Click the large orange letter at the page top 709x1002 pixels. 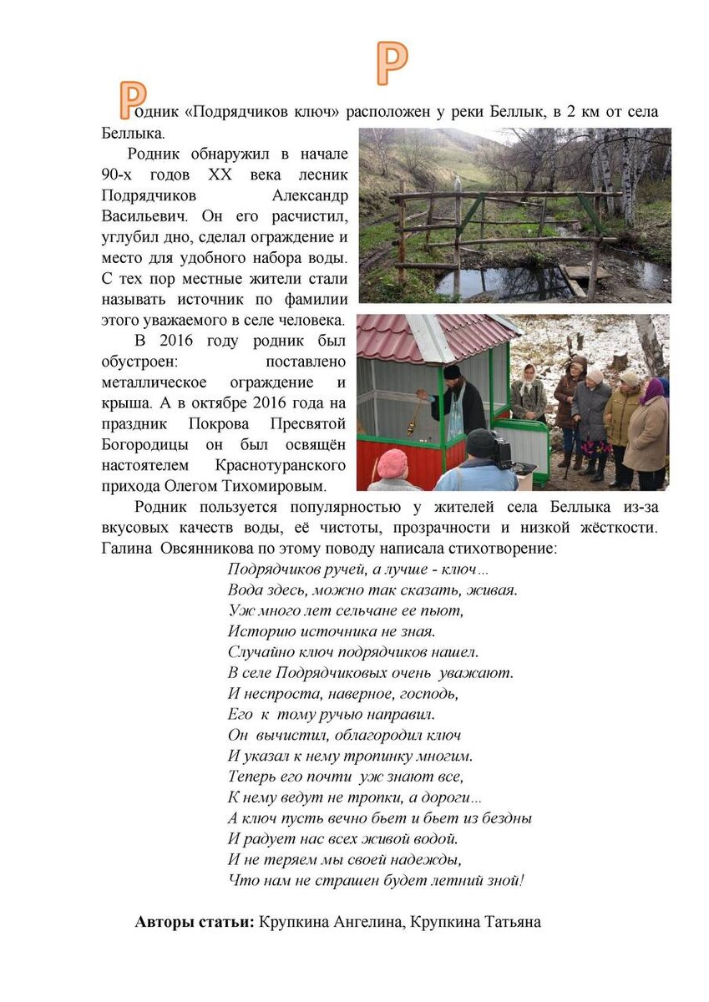pos(391,63)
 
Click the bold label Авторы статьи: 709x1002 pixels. pos(195,923)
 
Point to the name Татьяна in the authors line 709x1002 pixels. pos(509,923)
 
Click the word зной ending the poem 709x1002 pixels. pos(506,880)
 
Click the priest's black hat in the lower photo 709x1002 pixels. pos(452,372)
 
